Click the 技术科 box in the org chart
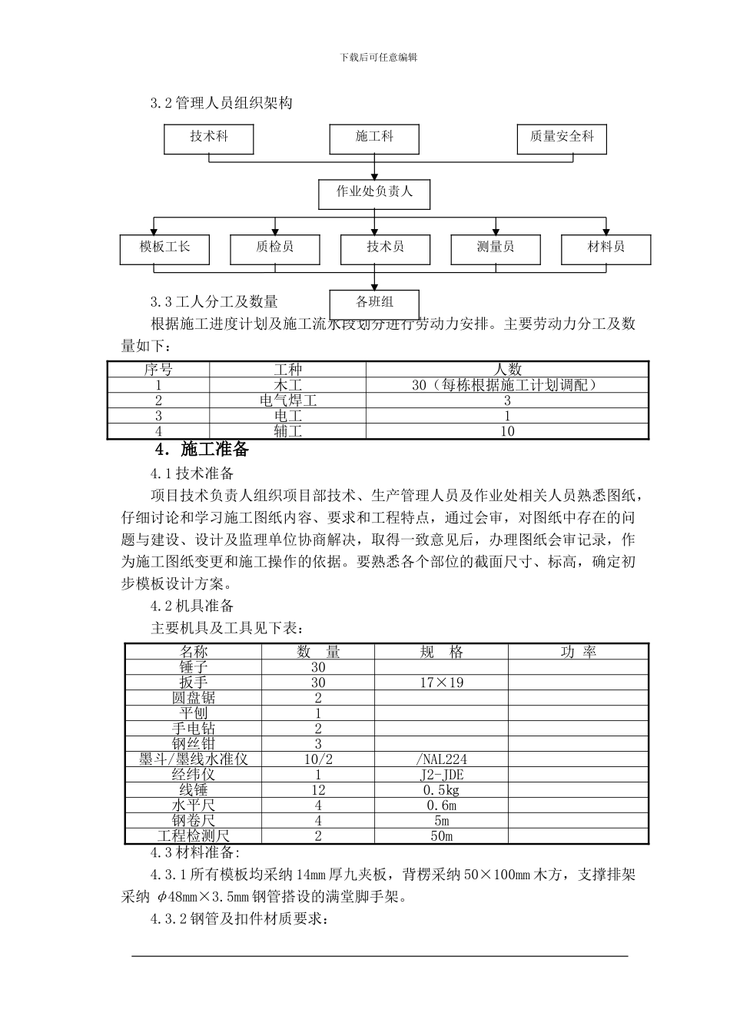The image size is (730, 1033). tap(209, 138)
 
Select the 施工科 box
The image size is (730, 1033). tap(374, 138)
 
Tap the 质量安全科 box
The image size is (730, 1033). tap(562, 138)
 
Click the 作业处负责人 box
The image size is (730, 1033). tap(374, 193)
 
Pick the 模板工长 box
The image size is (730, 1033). tap(164, 248)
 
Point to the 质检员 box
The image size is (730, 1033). tap(275, 248)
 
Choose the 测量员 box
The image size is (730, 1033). tap(496, 248)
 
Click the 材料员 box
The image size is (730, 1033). tap(606, 248)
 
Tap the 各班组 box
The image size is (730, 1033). tap(374, 302)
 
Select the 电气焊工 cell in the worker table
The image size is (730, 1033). tap(287, 400)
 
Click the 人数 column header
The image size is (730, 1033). tap(507, 370)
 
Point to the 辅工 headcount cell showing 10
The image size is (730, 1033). tap(507, 431)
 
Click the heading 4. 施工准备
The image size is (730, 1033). tap(202, 450)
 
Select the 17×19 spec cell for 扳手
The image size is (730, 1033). tap(441, 683)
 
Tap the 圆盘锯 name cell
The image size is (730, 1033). tap(194, 698)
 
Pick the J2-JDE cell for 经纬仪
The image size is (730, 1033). tap(441, 775)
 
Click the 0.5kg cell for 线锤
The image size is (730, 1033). tap(441, 790)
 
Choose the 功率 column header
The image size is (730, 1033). tap(578, 652)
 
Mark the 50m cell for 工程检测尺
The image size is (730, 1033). tap(441, 836)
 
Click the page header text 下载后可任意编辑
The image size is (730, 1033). tap(378, 57)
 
